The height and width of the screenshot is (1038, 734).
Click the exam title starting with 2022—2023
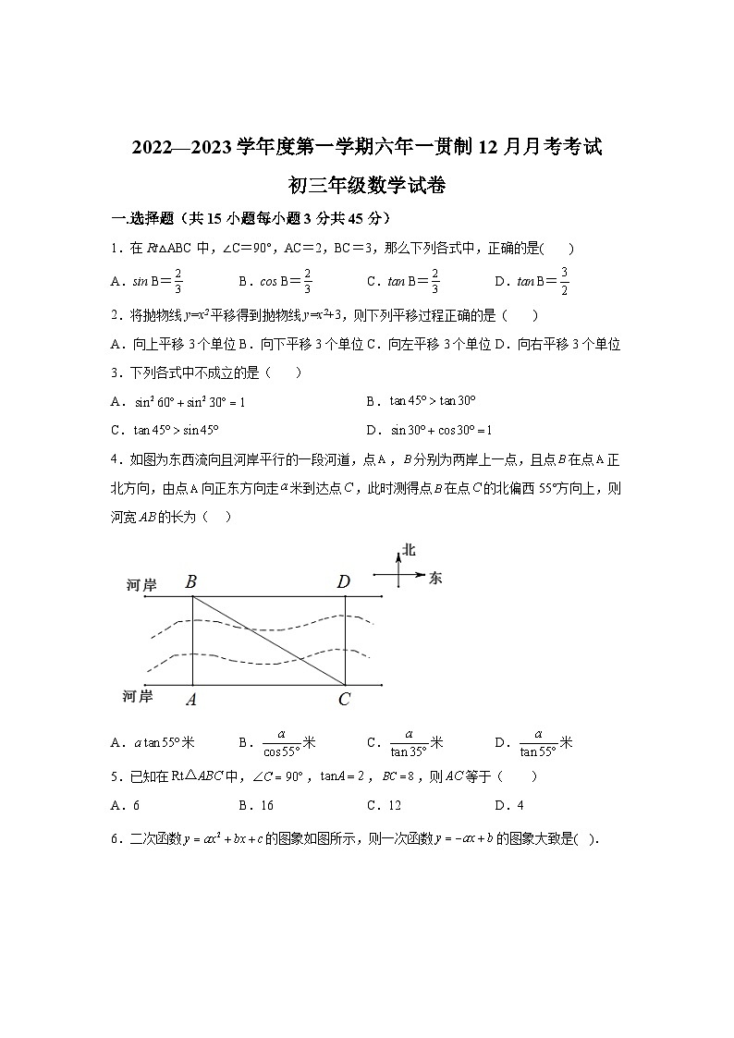click(x=367, y=146)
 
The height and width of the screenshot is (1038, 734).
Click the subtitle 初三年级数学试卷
click(x=367, y=185)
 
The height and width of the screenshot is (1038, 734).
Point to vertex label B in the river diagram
click(x=190, y=581)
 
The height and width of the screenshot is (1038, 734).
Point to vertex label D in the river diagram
click(x=344, y=581)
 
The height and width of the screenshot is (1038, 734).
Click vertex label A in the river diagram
click(x=190, y=700)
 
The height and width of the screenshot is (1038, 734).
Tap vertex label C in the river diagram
click(x=344, y=700)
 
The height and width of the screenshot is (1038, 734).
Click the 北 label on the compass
click(x=410, y=550)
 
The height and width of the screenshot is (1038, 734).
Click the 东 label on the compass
click(x=436, y=577)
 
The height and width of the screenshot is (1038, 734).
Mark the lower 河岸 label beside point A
click(x=138, y=695)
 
